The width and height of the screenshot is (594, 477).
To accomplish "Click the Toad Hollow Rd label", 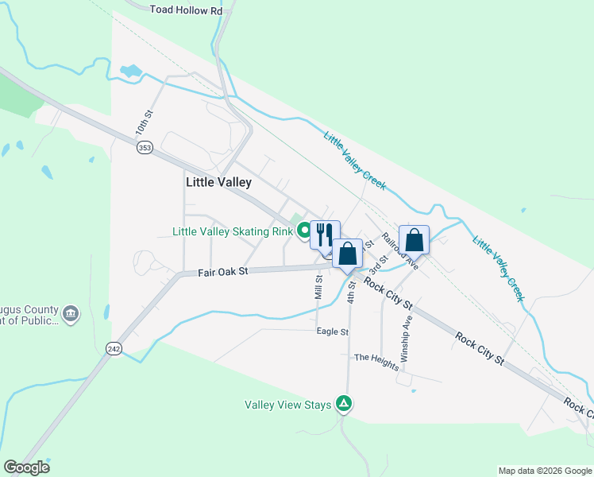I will (x=187, y=10).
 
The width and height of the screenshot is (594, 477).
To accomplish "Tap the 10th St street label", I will (x=141, y=128).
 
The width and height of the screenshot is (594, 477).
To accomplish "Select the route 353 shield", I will (x=144, y=149).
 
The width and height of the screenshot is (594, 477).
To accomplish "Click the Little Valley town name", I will (x=218, y=182).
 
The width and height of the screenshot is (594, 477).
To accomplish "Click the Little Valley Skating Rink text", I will (x=233, y=232).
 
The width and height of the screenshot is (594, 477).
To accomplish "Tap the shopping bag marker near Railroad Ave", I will (x=415, y=240).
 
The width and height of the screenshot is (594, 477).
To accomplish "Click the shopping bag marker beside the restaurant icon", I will (x=347, y=254).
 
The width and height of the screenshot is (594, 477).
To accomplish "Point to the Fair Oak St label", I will (x=223, y=271).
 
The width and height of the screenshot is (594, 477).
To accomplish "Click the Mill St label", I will (x=319, y=287).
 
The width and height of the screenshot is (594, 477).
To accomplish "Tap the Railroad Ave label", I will (x=399, y=250).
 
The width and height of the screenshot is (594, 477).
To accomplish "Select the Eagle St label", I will (x=333, y=332).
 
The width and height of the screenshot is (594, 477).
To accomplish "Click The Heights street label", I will (x=376, y=358).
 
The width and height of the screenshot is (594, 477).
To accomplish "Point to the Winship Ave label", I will (x=407, y=340).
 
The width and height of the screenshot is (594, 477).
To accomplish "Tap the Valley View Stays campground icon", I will (x=344, y=404).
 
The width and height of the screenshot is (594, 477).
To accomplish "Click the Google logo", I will (x=26, y=467).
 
